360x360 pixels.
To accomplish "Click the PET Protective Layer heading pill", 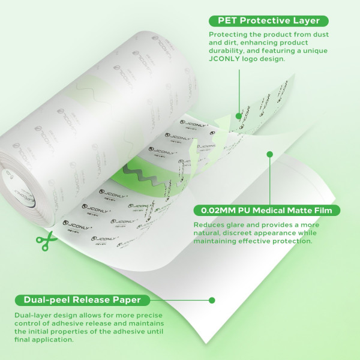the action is [269, 21].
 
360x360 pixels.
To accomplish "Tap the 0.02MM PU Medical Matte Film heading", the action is [266, 211].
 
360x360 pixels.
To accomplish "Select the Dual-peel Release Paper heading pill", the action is [82, 300].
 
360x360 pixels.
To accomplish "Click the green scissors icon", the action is [46, 241].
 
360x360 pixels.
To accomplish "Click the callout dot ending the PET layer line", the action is [239, 116].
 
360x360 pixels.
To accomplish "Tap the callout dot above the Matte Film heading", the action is [270, 154].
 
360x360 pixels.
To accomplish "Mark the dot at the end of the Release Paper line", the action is [212, 300].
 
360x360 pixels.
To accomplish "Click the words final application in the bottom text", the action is [44, 340].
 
